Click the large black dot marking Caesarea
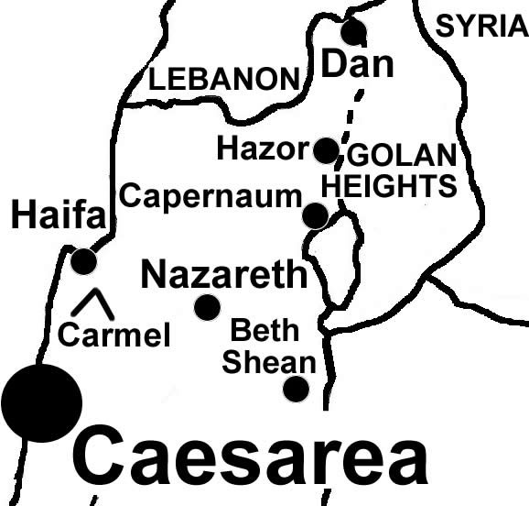click(41, 402)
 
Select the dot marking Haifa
click(83, 261)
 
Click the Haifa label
click(59, 217)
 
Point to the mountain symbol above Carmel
click(92, 303)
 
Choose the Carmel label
click(114, 335)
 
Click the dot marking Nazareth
click(208, 307)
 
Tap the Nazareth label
click(222, 273)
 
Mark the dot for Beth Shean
click(296, 389)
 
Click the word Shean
click(269, 361)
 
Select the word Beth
click(264, 330)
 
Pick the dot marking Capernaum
click(315, 215)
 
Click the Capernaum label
click(211, 196)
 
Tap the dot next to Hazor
click(326, 150)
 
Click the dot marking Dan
click(353, 31)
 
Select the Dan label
click(359, 64)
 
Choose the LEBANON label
click(224, 79)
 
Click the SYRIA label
click(481, 27)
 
